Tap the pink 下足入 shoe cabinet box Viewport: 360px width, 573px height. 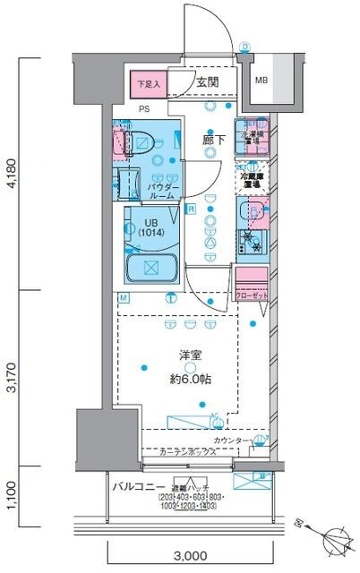point(148,85)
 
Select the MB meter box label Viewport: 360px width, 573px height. point(261,81)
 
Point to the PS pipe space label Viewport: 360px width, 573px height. point(143,109)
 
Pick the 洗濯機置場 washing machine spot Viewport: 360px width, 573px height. point(253,137)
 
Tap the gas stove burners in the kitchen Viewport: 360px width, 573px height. point(252,240)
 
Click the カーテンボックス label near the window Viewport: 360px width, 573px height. point(189,453)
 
